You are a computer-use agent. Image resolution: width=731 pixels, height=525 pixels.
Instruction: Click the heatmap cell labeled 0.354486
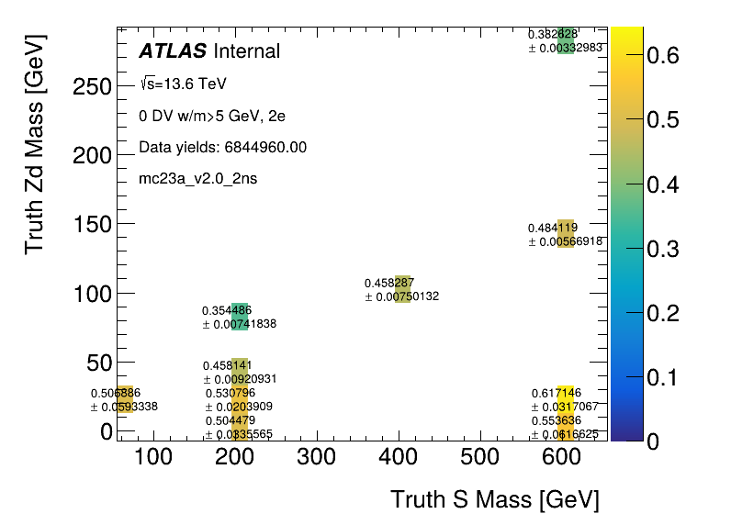point(240,317)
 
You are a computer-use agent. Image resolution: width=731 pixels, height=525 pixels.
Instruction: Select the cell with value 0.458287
point(402,289)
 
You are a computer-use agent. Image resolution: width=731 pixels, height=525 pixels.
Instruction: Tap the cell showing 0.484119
point(566,234)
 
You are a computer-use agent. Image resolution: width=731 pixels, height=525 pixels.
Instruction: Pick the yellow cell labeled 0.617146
point(566,399)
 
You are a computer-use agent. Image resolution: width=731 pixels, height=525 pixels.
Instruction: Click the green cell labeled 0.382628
point(566,40)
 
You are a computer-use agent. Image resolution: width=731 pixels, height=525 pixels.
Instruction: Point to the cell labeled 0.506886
point(125,399)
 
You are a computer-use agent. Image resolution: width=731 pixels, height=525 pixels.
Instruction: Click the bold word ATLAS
point(173,51)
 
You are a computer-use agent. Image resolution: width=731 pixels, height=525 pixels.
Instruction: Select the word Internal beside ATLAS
point(246,51)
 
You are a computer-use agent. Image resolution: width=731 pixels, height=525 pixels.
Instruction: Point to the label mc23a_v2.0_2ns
point(197,178)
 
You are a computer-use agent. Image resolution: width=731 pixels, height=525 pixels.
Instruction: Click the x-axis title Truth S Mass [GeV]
point(494,500)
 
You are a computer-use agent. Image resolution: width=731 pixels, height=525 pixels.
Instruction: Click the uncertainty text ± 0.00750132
point(402,296)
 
